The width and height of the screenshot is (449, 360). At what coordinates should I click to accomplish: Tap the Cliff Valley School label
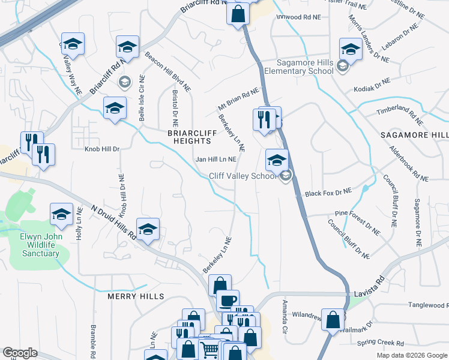[x=243, y=176]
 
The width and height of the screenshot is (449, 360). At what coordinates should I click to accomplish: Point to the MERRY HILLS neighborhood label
[x=136, y=296]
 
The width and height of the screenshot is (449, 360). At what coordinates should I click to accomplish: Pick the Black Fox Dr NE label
[x=328, y=193]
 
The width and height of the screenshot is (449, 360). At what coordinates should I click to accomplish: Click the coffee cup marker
[x=227, y=300]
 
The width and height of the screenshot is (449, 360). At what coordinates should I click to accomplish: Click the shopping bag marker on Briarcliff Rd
[x=238, y=13]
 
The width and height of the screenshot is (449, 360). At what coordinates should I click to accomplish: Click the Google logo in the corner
[x=20, y=353]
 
